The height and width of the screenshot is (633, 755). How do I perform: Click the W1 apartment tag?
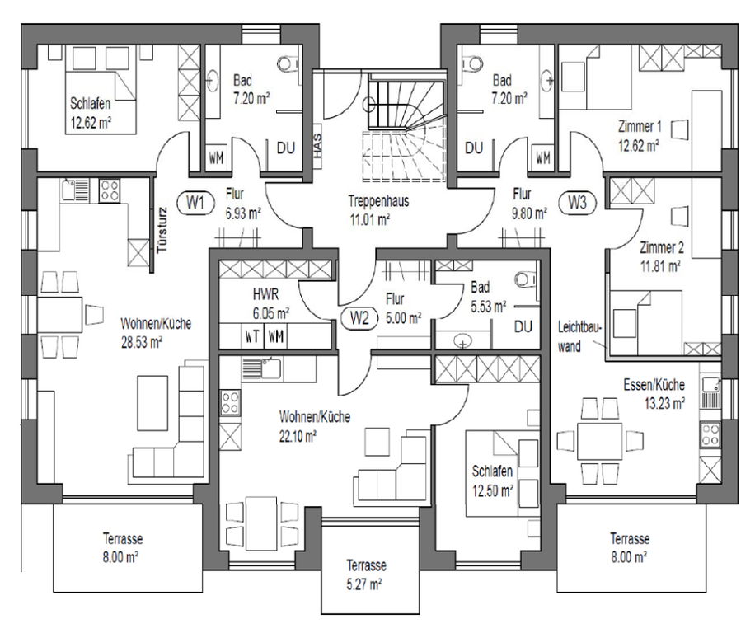(x=195, y=203)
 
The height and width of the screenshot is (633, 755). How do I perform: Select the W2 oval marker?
(x=359, y=318)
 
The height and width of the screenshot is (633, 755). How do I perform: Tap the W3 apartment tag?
(x=577, y=203)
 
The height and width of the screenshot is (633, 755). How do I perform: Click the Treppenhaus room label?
(x=378, y=201)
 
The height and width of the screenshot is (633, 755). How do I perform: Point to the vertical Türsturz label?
(x=162, y=231)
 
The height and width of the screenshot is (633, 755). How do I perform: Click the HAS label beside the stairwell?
(x=318, y=146)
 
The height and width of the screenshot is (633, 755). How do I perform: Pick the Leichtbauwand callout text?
(x=579, y=336)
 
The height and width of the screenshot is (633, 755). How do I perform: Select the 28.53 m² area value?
(x=142, y=342)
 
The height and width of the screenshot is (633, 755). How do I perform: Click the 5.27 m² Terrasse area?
(x=364, y=584)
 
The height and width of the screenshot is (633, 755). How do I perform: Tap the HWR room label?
(x=265, y=293)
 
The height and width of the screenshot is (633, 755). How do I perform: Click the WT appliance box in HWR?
(x=253, y=336)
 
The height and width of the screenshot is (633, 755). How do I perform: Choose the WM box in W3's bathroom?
(x=543, y=157)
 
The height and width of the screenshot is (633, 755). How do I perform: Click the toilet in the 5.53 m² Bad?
(x=527, y=279)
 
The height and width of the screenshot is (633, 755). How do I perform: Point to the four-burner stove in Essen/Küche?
(x=710, y=434)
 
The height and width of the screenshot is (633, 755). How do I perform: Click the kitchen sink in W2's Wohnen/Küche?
(x=261, y=368)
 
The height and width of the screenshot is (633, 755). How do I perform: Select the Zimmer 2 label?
(x=661, y=248)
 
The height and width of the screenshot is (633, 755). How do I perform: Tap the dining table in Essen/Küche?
(x=600, y=442)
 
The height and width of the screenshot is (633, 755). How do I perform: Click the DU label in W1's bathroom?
(x=285, y=148)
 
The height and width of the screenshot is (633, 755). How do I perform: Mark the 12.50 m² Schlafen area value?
(x=492, y=491)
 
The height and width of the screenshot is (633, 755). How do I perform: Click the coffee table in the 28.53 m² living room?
(x=152, y=403)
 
